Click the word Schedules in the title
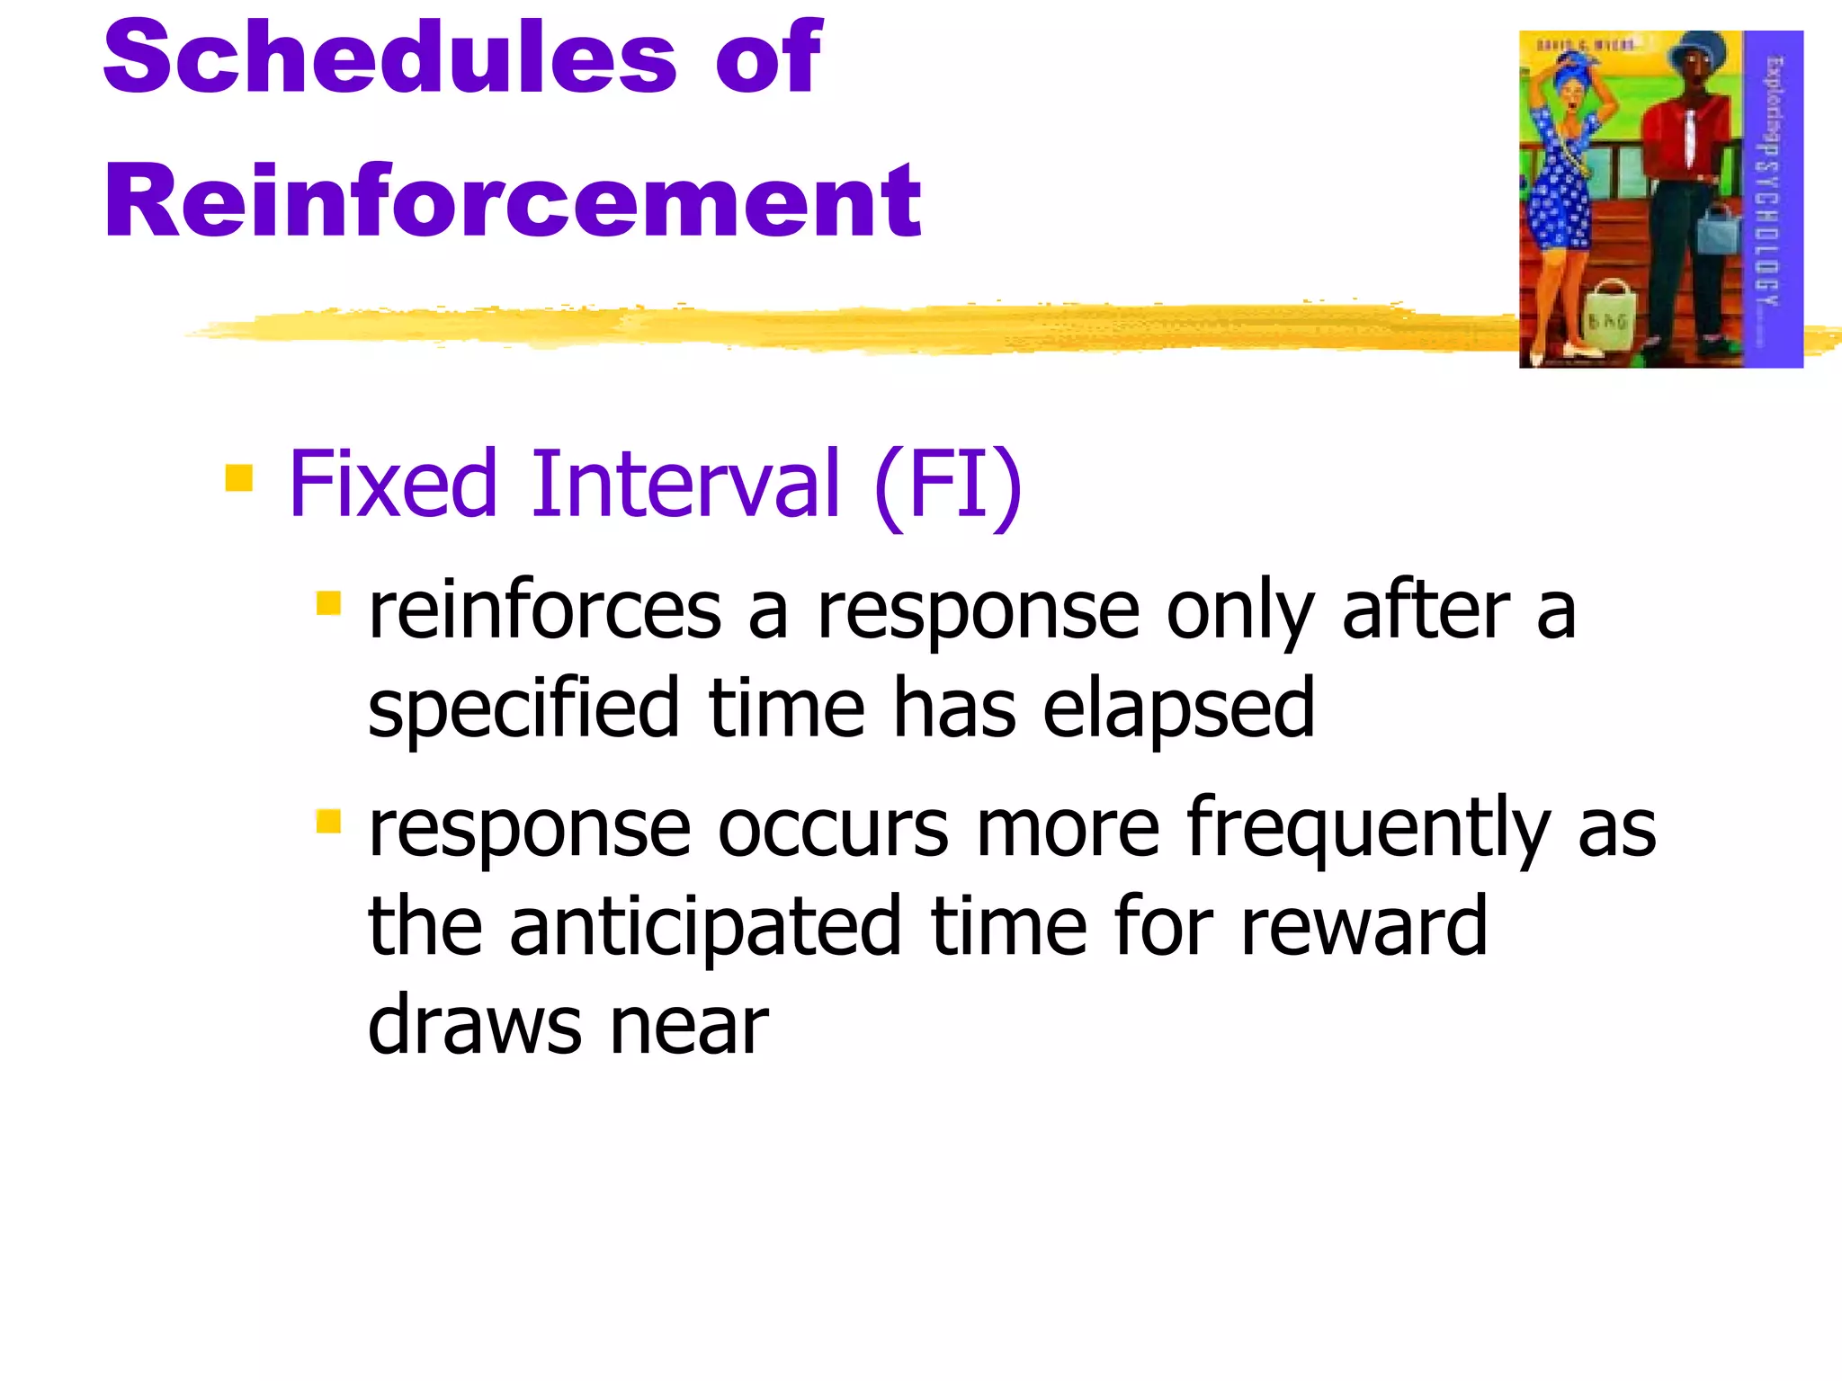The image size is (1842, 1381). tap(389, 58)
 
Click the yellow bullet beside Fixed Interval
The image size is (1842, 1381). tap(238, 477)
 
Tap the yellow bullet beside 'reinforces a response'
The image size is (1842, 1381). tap(329, 602)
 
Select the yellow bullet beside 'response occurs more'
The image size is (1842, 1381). tap(329, 821)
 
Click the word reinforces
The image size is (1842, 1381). tap(545, 611)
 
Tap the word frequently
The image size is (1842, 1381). tap(1368, 829)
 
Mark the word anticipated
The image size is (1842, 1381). tap(705, 928)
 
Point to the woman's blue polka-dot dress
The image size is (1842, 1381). tap(1562, 189)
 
